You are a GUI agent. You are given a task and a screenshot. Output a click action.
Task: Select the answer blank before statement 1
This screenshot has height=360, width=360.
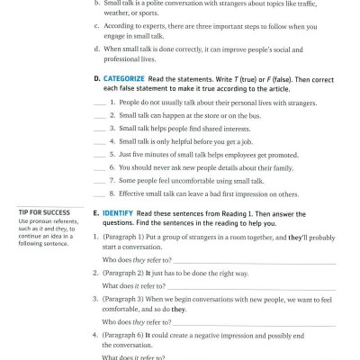(x=97, y=103)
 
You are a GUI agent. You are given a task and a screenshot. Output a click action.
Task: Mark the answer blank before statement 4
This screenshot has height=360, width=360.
(x=97, y=141)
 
